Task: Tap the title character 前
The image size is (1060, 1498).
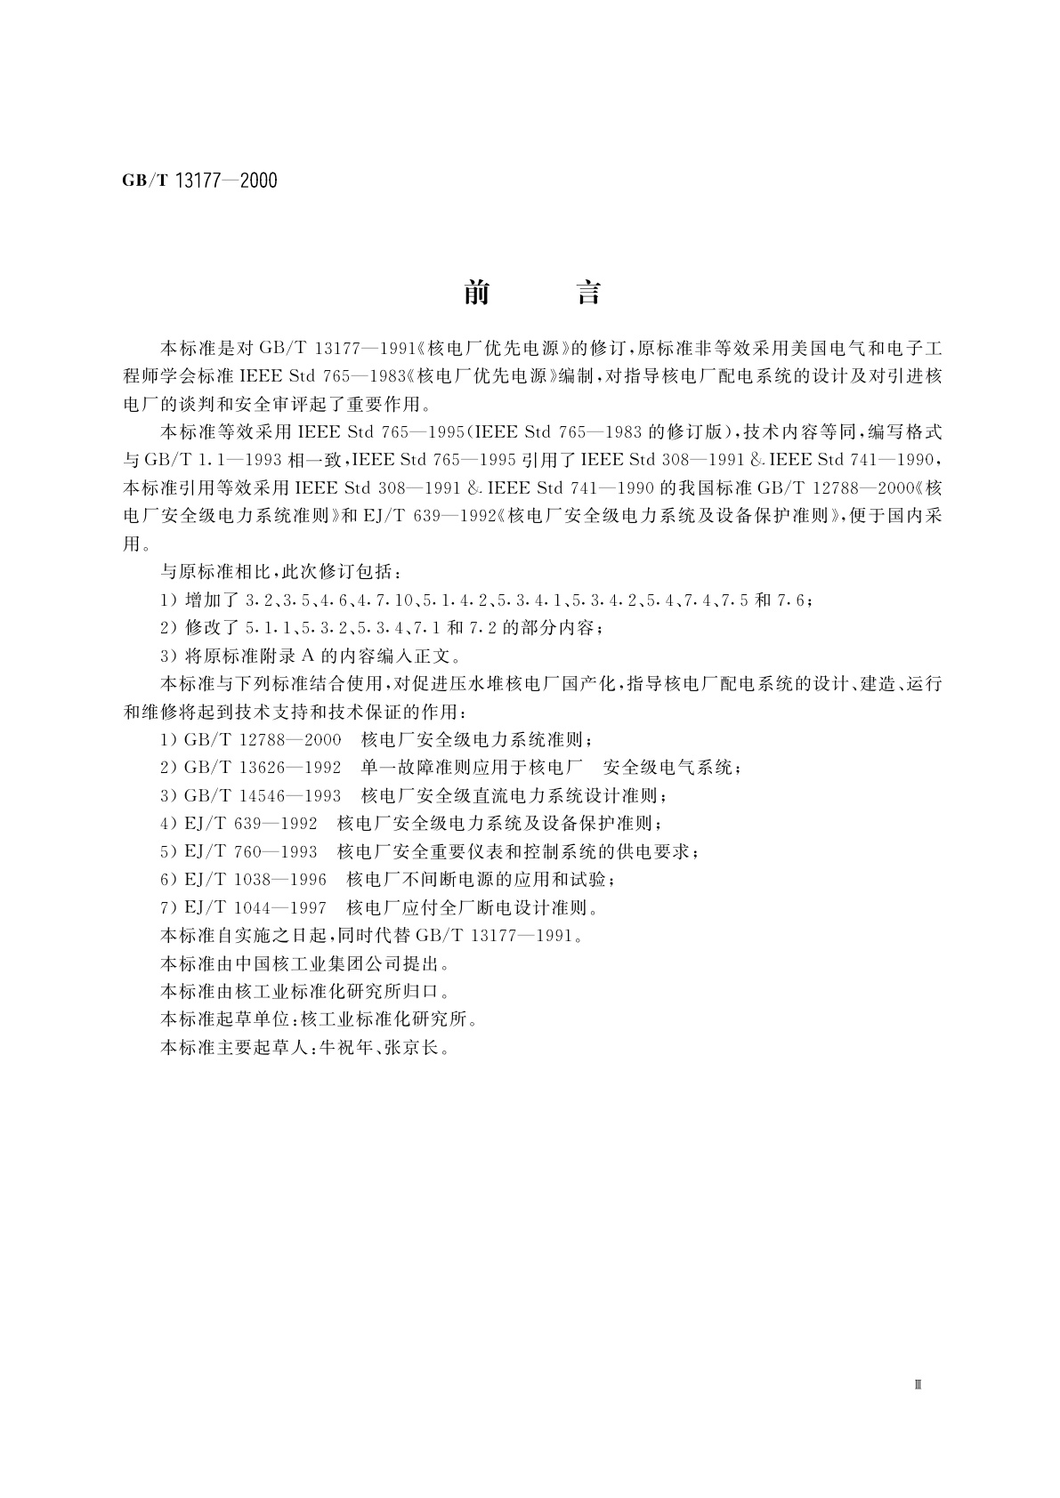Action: click(x=477, y=293)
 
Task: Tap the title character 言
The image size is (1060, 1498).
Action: click(x=588, y=293)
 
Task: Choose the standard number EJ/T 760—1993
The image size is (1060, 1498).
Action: click(x=251, y=851)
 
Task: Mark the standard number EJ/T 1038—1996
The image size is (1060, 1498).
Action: click(x=255, y=880)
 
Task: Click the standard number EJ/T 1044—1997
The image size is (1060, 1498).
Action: click(x=255, y=908)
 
